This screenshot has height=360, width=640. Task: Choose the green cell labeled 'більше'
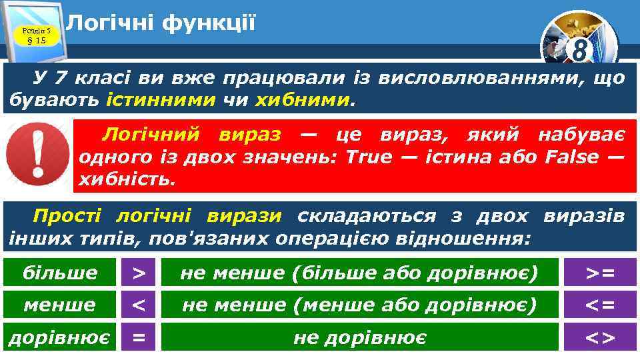click(60, 273)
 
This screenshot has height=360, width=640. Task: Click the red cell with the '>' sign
click(139, 273)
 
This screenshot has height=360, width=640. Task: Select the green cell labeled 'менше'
click(60, 305)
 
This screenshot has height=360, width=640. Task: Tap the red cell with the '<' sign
click(139, 305)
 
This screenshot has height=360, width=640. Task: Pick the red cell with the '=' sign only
click(139, 337)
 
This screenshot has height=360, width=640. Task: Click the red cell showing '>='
click(600, 273)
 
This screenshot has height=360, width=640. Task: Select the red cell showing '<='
click(600, 305)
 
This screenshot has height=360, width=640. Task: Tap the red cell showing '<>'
click(600, 337)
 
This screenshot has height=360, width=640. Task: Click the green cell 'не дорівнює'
click(359, 337)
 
